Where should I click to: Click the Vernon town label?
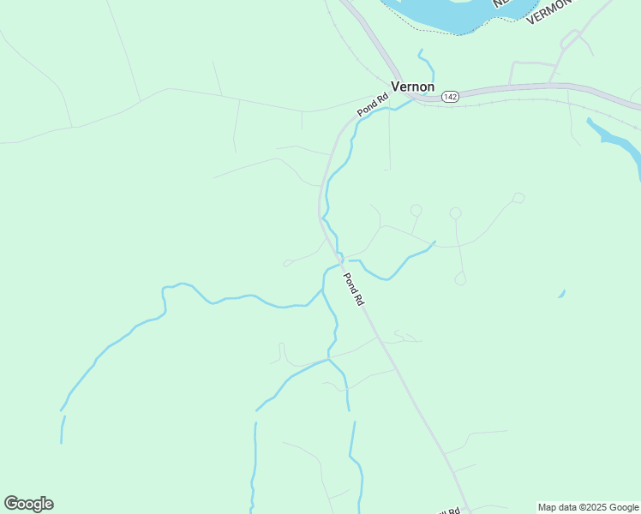[x=412, y=87]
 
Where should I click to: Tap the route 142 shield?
[x=450, y=97]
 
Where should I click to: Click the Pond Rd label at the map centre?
[x=354, y=290]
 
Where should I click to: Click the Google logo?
[x=28, y=503]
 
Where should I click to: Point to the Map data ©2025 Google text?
[x=589, y=507]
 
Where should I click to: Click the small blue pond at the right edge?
[x=562, y=294]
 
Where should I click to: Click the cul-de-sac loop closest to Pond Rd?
[x=416, y=210]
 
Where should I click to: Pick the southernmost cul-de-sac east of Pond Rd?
[x=460, y=278]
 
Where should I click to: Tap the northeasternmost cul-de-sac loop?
[x=518, y=198]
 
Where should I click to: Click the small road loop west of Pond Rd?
[x=287, y=263]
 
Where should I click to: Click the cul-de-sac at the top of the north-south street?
[x=455, y=213]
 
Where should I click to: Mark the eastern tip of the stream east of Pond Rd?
[x=434, y=243]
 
